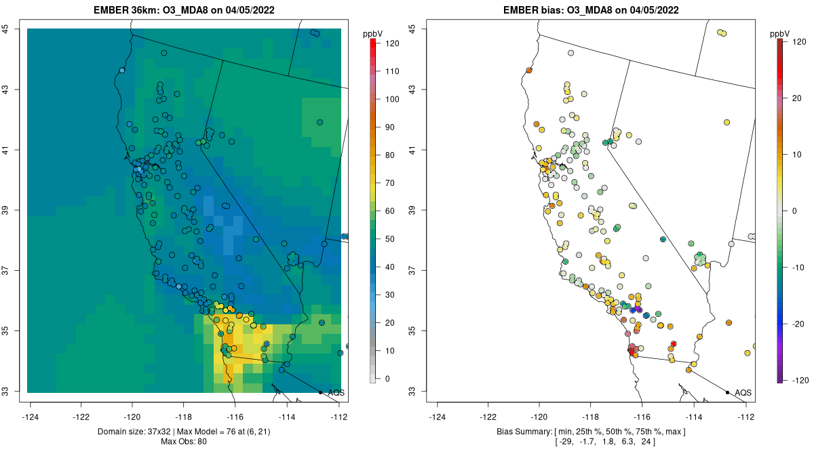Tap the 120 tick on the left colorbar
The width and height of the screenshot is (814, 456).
coord(391,43)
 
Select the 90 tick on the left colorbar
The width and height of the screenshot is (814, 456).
coord(391,127)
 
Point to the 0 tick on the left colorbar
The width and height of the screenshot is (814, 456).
coord(388,379)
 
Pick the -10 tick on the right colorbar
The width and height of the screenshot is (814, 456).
coord(798,267)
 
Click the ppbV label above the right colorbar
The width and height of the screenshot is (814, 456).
coord(780,33)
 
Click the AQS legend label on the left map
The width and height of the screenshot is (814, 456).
coord(336,393)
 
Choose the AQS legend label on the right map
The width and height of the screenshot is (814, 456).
coord(743,393)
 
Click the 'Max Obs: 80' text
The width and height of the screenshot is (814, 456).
coord(184,442)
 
